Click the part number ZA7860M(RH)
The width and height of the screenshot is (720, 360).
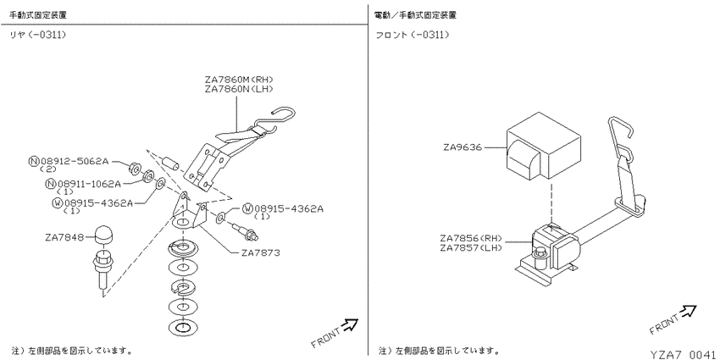239,80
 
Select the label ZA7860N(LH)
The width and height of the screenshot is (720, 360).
239,88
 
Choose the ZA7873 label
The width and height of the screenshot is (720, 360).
260,252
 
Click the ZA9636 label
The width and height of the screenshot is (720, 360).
462,147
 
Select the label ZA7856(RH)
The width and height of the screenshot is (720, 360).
473,238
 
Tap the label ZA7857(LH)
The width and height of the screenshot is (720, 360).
473,247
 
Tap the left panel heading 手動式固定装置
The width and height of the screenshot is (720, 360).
39,15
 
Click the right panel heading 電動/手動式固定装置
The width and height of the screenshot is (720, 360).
415,15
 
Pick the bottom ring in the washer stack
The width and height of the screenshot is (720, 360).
182,327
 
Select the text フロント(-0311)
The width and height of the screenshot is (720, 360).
413,36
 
